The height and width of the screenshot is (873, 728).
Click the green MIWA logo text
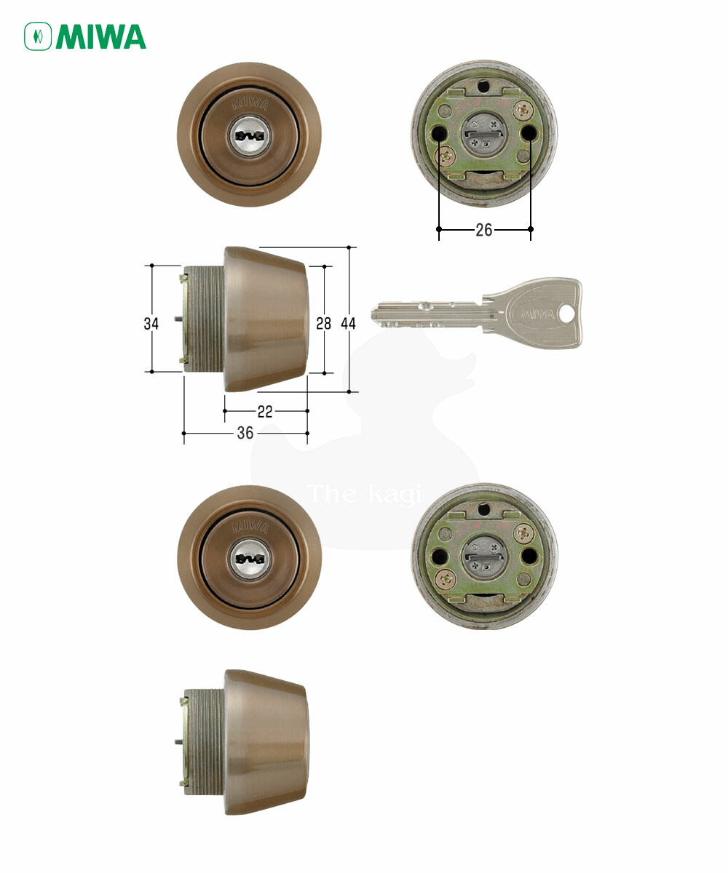click(x=101, y=37)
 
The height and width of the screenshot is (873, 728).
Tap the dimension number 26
click(x=483, y=230)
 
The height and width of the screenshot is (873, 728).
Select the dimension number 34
click(x=151, y=324)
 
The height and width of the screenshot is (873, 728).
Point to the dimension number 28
click(x=323, y=323)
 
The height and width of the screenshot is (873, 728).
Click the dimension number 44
click(x=348, y=323)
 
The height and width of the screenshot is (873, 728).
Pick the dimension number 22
click(x=265, y=412)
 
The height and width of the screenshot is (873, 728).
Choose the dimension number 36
click(x=245, y=433)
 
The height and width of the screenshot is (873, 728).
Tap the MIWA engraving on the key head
click(x=538, y=314)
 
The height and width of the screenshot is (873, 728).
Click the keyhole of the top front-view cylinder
click(x=250, y=136)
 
